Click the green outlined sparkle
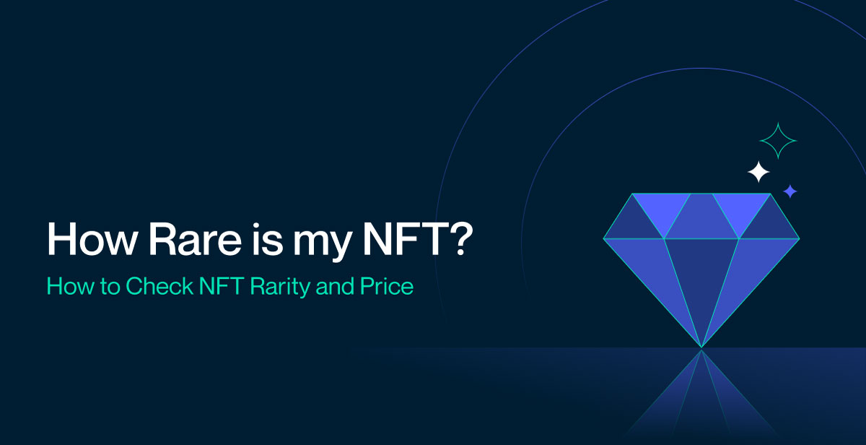pyautogui.click(x=778, y=141)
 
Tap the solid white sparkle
pyautogui.click(x=758, y=172)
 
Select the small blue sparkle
pyautogui.click(x=790, y=191)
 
